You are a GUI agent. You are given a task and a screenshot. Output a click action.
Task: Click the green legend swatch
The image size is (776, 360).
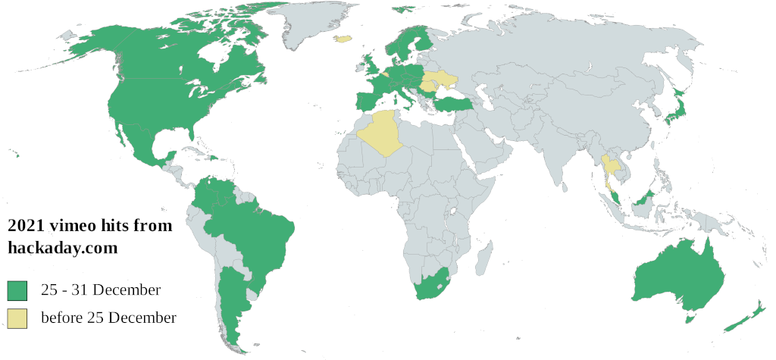point(17,290)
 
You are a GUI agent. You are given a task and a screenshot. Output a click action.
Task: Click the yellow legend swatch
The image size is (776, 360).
point(17,318)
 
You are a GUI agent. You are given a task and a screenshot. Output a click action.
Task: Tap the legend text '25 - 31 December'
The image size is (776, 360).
point(101,290)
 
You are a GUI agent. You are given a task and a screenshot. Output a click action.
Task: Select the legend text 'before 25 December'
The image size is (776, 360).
point(108,318)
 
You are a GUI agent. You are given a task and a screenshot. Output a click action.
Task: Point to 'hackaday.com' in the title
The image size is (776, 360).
point(62,247)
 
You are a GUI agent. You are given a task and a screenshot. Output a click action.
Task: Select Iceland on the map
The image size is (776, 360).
point(345,38)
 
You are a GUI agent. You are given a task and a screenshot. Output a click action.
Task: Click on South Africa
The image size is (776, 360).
point(432,284)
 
